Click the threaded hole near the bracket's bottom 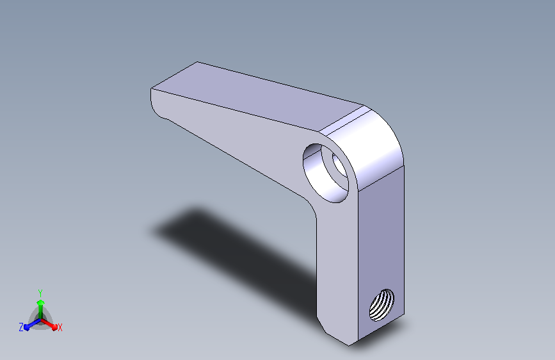382,305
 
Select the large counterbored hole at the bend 326,173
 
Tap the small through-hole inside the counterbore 339,165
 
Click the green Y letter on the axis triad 40,293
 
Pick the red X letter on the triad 60,327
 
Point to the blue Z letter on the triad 21,327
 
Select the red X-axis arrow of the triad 49,324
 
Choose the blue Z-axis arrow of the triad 32,325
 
